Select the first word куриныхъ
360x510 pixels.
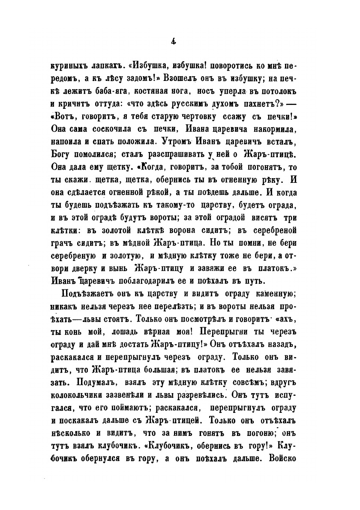coord(75,68)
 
